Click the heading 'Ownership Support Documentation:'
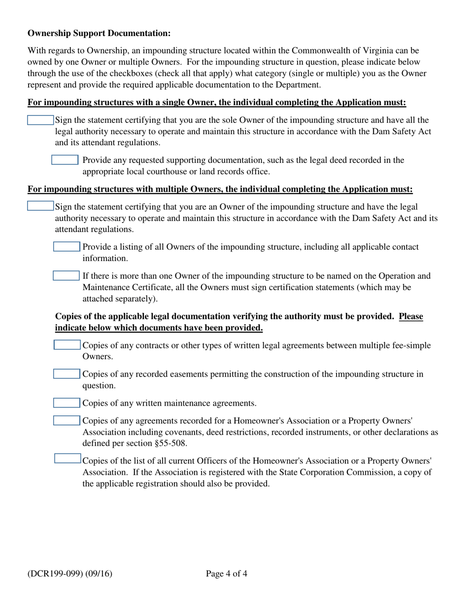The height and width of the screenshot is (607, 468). (99, 33)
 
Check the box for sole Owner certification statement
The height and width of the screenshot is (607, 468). (40, 120)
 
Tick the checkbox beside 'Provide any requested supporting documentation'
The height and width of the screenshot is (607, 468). (65, 160)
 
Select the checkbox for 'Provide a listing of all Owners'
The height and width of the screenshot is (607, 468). (66, 247)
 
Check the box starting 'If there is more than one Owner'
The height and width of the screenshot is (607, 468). (66, 275)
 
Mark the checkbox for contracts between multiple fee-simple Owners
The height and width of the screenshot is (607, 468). (67, 345)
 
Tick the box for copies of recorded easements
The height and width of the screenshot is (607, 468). (67, 375)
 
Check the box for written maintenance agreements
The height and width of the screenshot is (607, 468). (67, 403)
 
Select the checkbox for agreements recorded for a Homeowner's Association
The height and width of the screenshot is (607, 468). (67, 421)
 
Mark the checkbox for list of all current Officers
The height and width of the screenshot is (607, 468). (67, 459)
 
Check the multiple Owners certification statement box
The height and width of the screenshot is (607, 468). (40, 206)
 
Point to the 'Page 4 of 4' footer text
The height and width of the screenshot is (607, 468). (227, 573)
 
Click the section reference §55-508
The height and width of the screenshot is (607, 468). (170, 443)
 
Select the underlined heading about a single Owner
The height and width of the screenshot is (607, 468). (217, 103)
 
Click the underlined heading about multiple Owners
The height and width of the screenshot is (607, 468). (220, 189)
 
